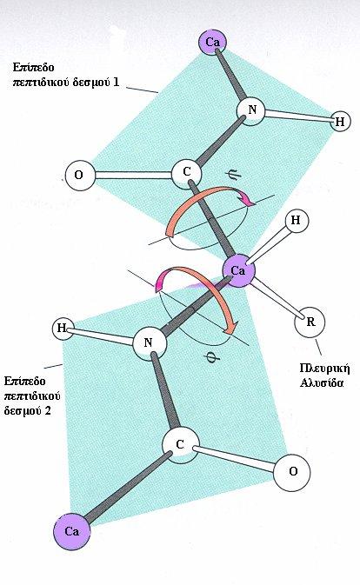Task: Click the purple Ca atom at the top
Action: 213,42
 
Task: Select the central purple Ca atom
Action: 238,271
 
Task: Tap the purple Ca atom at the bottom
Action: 71,531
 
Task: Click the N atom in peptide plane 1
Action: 252,110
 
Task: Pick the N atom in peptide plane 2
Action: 149,342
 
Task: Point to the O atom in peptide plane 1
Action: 79,175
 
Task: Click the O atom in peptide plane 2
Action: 292,472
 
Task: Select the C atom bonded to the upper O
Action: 187,172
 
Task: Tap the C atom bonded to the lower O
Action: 180,445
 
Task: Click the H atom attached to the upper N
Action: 339,121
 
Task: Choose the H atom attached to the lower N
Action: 63,329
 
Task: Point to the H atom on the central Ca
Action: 296,221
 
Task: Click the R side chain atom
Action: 310,322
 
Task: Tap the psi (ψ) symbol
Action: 235,174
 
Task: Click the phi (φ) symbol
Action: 213,358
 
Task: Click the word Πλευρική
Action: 325,369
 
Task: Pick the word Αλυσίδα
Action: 322,383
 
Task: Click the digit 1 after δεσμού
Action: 117,82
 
